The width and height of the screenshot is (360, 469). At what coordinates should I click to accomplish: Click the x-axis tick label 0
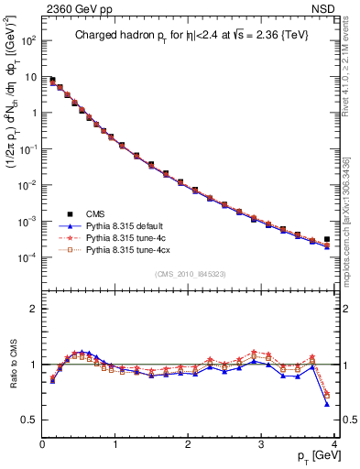click(42, 444)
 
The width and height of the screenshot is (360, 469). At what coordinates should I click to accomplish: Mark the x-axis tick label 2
click(189, 444)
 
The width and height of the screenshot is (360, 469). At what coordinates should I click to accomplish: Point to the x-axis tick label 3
click(262, 444)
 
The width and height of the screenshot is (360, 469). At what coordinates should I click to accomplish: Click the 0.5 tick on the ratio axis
click(29, 420)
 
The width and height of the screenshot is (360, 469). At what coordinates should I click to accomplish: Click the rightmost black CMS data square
click(327, 239)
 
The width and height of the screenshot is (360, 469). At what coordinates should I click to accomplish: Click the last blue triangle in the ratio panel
click(327, 404)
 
